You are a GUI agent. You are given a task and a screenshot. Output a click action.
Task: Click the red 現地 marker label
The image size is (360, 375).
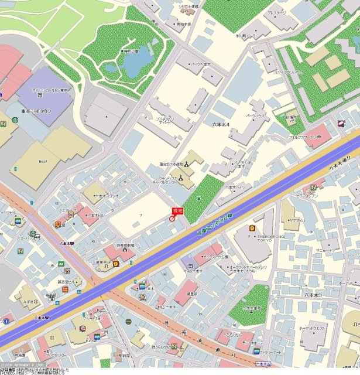(x=177, y=210)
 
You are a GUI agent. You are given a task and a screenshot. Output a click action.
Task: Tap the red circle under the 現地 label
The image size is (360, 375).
(x=172, y=219)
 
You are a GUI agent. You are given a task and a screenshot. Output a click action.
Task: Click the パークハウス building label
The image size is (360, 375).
(x=256, y=117)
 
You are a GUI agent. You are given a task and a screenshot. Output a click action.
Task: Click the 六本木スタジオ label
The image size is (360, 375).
(x=106, y=196)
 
